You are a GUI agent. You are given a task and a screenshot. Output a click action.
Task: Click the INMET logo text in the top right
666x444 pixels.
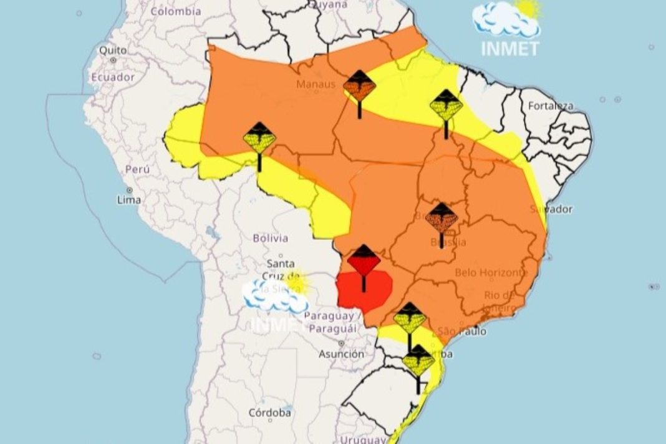[509, 49]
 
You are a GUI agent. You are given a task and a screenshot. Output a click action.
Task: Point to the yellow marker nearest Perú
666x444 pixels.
[259, 139]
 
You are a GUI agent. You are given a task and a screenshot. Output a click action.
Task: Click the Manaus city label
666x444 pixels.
[316, 84]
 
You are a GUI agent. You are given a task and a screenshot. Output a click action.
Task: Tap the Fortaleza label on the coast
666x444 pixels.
[550, 106]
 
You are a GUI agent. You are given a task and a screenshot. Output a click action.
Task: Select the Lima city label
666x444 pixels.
[128, 200]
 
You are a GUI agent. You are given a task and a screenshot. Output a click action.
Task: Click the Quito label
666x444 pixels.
[112, 50]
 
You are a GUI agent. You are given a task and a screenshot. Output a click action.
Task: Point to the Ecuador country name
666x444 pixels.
[112, 77]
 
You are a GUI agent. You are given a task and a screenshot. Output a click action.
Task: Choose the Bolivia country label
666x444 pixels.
[271, 238]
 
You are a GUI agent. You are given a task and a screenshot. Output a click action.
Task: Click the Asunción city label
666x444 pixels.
[341, 354]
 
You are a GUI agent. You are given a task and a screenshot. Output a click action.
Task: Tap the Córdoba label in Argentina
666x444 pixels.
[270, 413]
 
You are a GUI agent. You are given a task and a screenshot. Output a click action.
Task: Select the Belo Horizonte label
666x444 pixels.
[491, 272]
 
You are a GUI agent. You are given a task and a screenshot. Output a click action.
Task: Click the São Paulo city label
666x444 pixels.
[462, 331]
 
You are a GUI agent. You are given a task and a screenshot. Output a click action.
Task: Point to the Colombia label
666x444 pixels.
[176, 11]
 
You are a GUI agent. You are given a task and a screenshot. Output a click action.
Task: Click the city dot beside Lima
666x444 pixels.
[130, 190]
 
